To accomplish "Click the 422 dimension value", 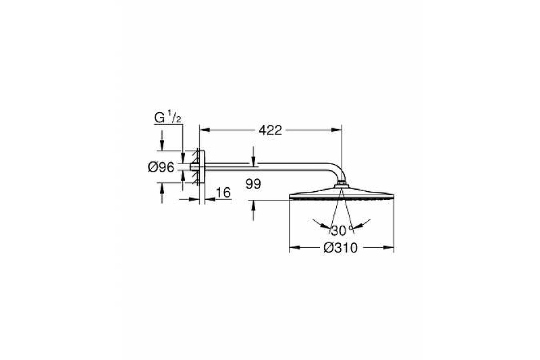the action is (271, 130).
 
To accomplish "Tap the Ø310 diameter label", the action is (341, 248).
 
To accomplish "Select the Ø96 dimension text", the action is (161, 168).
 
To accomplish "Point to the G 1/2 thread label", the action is (167, 118).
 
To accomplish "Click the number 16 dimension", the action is (223, 192).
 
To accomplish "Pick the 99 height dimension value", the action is (254, 184).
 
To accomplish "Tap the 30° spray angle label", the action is (342, 230).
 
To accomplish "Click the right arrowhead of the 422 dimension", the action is (336, 130).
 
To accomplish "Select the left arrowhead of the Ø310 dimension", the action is (294, 247).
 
